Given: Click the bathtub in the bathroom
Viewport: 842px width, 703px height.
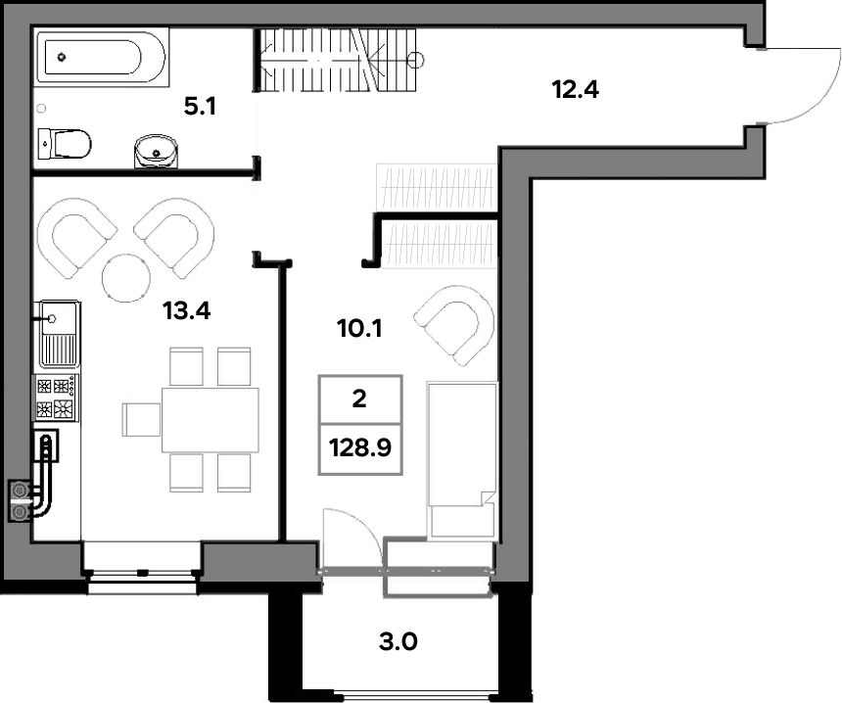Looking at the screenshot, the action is click(x=102, y=57).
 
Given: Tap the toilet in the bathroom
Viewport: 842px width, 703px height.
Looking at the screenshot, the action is click(x=65, y=143).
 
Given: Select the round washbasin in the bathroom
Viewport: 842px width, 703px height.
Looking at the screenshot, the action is click(x=156, y=152).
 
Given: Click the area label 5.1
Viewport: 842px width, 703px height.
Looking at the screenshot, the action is click(x=200, y=107).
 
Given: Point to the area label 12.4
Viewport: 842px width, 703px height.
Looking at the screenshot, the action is click(x=575, y=89).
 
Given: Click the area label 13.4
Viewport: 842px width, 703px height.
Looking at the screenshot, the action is click(x=186, y=310).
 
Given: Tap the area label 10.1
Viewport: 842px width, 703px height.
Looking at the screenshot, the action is click(x=359, y=328).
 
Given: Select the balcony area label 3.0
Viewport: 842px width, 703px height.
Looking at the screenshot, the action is click(x=398, y=641).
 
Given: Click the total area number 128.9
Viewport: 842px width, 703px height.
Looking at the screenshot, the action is click(x=359, y=447).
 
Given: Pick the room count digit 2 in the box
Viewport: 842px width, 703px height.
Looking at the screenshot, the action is click(x=359, y=399).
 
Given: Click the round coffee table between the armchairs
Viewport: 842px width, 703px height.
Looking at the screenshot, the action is click(x=126, y=277).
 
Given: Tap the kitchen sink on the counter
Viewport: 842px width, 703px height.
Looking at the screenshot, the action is click(x=59, y=334).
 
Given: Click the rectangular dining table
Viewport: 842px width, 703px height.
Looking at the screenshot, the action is click(x=210, y=419).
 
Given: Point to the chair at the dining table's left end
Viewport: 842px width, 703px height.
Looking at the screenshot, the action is click(x=142, y=419).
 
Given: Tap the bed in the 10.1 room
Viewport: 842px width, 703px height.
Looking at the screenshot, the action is click(x=462, y=460).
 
